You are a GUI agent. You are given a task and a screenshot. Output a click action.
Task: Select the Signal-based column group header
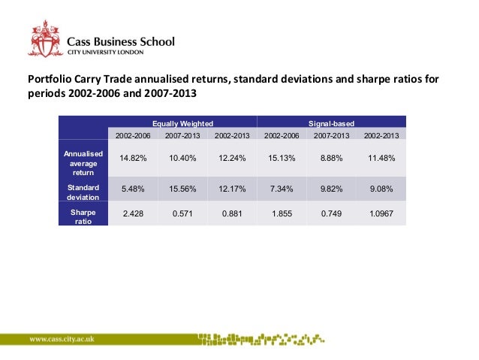[331, 122]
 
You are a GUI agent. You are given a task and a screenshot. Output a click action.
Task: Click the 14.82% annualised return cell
[134, 157]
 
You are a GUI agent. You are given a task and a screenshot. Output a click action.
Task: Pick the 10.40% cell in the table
[183, 157]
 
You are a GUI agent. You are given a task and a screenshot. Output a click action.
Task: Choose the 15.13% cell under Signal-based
[282, 157]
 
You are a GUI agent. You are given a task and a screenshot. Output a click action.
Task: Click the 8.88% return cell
[331, 157]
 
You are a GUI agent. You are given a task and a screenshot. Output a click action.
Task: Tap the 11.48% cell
[381, 157]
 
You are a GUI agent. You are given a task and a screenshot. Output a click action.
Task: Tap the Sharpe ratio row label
[83, 216]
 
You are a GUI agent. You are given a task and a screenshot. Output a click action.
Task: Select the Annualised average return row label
[83, 162]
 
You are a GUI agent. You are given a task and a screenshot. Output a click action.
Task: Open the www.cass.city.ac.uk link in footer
[67, 339]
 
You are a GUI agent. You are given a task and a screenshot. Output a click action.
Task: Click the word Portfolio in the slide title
[47, 79]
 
